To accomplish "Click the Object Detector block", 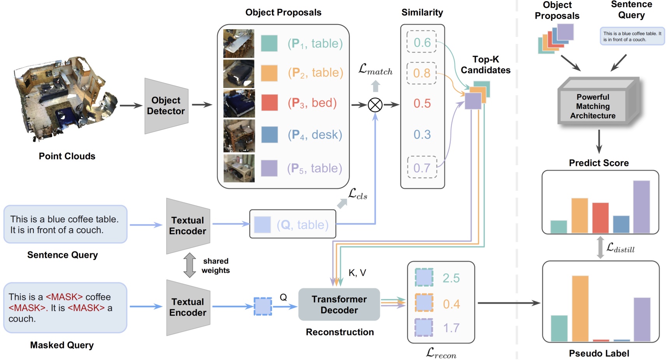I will tap(166, 105).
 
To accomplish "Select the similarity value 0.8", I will tap(422, 73).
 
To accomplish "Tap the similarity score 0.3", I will tap(422, 135).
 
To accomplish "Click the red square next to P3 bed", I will tap(269, 103).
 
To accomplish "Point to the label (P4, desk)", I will tap(315, 135).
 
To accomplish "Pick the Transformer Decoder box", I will tap(339, 304).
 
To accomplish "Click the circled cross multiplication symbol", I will tap(375, 105).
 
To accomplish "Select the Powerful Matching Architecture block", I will tap(593, 106).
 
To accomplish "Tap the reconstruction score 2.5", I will tap(451, 278).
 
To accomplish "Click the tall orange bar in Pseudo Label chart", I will tap(580, 308).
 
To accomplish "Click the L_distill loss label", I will tap(620, 248).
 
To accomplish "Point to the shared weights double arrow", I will tap(190, 265).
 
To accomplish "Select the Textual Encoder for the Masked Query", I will tap(188, 307).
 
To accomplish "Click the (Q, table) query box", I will tap(293, 224).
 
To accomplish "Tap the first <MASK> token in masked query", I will tap(64, 297).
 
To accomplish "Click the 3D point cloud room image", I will tap(64, 99).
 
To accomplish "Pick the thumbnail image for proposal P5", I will tap(239, 168).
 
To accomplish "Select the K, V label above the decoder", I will tap(357, 273).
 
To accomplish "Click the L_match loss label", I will tap(375, 70).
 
